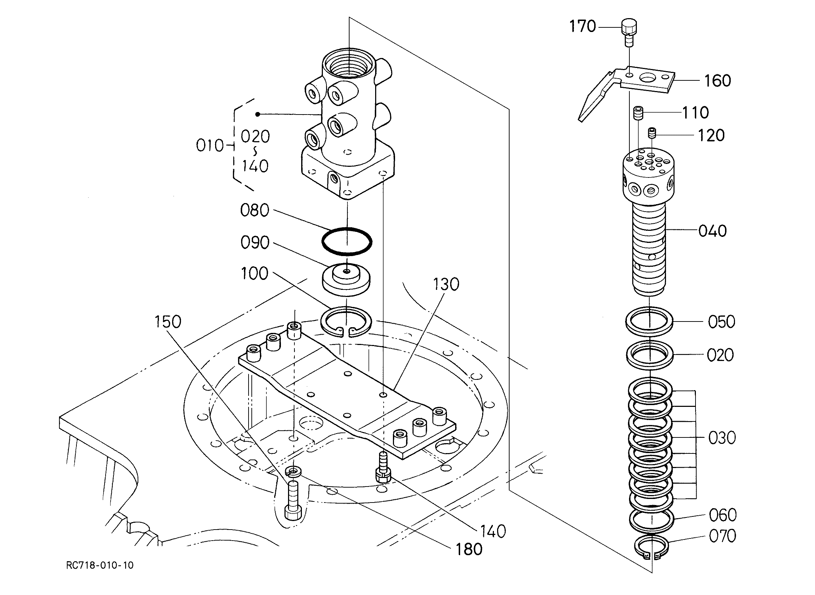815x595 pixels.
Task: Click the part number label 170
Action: [x=582, y=26]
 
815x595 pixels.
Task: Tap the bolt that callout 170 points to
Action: [x=628, y=33]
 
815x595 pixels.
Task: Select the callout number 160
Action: [x=718, y=81]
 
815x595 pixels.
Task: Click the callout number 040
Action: [x=712, y=231]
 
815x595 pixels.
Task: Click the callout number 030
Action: [x=722, y=438]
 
